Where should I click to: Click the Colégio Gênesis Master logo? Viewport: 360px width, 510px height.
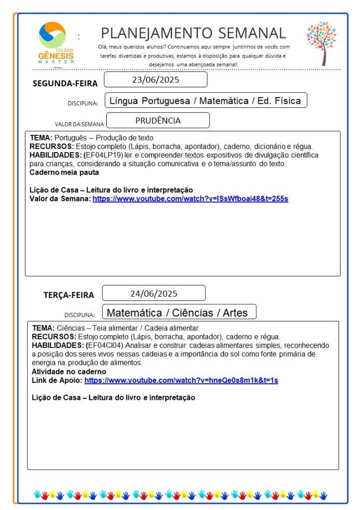tap(56, 42)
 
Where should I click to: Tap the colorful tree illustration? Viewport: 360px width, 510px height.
tap(322, 42)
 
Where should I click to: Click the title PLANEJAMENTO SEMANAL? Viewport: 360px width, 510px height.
tap(193, 33)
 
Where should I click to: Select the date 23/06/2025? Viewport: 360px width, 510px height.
tap(156, 80)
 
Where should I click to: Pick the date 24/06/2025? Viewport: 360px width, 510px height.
tap(154, 293)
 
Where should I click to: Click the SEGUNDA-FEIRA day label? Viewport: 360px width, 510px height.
tap(65, 83)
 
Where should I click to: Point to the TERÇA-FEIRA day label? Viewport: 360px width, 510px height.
tap(68, 295)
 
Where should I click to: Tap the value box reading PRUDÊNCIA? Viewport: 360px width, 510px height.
tap(158, 121)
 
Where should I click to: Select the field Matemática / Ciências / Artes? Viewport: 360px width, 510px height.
tap(179, 313)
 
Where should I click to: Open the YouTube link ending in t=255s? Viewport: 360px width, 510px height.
tap(190, 198)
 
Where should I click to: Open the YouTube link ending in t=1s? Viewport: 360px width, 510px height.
tap(181, 380)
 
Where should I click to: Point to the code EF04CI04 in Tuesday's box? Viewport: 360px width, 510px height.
tap(105, 345)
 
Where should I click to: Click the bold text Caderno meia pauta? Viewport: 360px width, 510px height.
tap(64, 172)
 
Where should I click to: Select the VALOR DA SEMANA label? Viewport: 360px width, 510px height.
tap(79, 124)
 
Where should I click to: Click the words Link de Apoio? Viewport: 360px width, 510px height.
tap(57, 380)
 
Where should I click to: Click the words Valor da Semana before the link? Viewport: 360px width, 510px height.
tap(60, 198)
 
